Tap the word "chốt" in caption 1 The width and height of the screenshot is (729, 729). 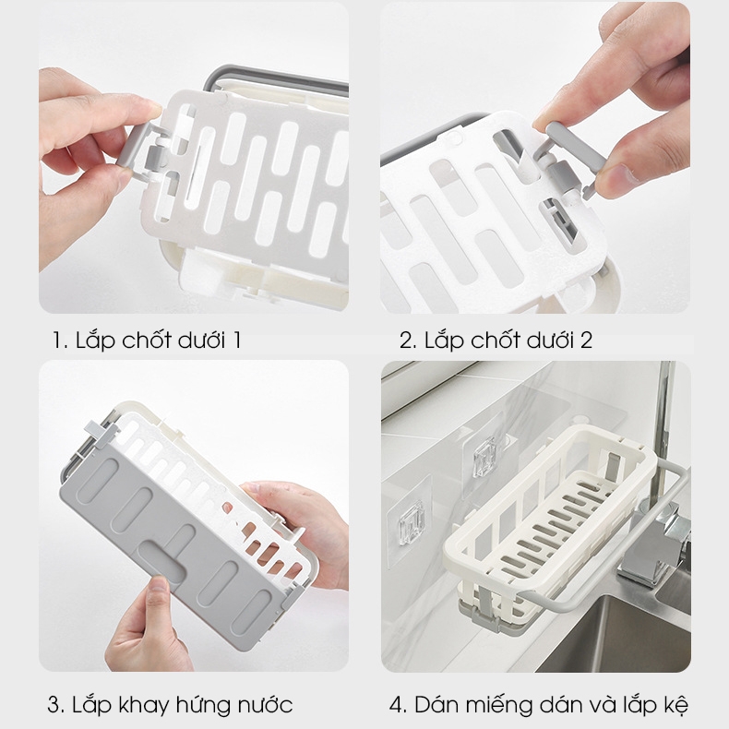pos(147,340)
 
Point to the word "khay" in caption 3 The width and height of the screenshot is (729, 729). pos(144,706)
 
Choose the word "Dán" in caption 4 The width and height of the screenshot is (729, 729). pos(435,704)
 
